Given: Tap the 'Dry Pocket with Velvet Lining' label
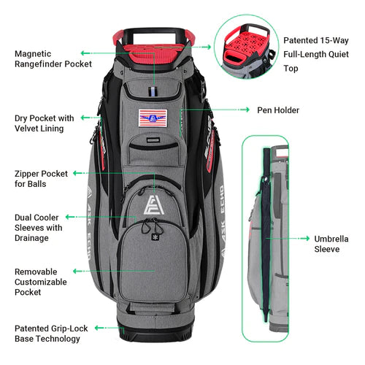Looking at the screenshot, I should pyautogui.click(x=45, y=123).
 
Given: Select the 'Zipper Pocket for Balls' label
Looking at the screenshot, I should pyautogui.click(x=42, y=179).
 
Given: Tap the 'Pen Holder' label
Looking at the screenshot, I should pyautogui.click(x=278, y=110).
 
